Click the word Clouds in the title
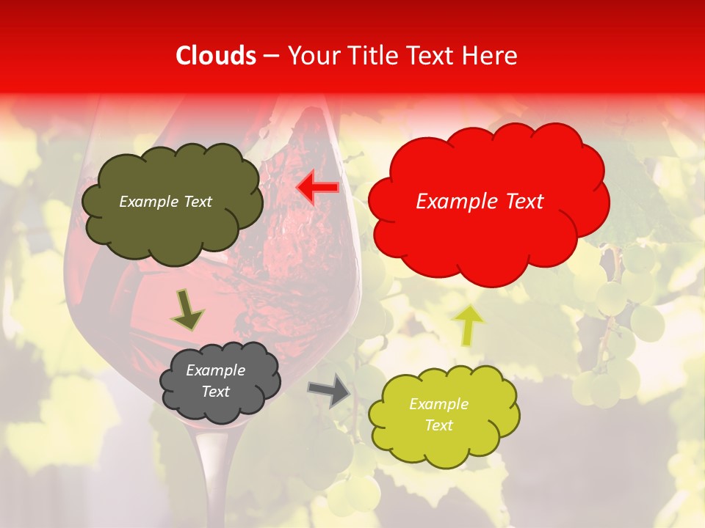[216, 56]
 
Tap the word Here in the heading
[493, 56]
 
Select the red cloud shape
[488, 235]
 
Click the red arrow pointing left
[317, 188]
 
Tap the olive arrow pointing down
[187, 309]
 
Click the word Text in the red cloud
[518, 202]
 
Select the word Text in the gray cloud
[216, 392]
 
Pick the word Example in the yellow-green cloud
[438, 404]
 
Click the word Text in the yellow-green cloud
[438, 425]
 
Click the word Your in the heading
[310, 56]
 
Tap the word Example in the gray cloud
[216, 370]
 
